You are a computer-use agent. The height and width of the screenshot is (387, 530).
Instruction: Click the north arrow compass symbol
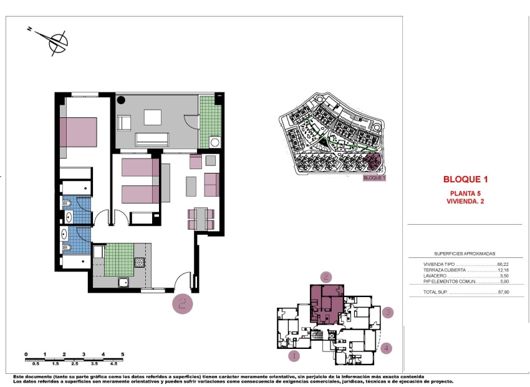[57, 42]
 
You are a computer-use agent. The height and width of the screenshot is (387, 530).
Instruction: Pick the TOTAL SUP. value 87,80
[504, 291]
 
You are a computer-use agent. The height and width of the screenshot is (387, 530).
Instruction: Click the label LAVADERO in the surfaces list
[435, 276]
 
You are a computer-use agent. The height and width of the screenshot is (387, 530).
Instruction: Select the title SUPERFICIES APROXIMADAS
[465, 254]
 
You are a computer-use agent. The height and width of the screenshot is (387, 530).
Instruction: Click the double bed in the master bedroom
[79, 132]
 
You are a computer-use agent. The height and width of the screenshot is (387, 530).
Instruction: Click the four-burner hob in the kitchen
[140, 263]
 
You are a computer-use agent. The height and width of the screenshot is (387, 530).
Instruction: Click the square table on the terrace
[153, 117]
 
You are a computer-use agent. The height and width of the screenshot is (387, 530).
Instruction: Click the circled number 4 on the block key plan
[387, 348]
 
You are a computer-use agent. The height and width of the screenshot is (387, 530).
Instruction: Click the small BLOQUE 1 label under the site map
[374, 178]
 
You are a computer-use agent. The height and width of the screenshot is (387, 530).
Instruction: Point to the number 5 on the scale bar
[123, 354]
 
